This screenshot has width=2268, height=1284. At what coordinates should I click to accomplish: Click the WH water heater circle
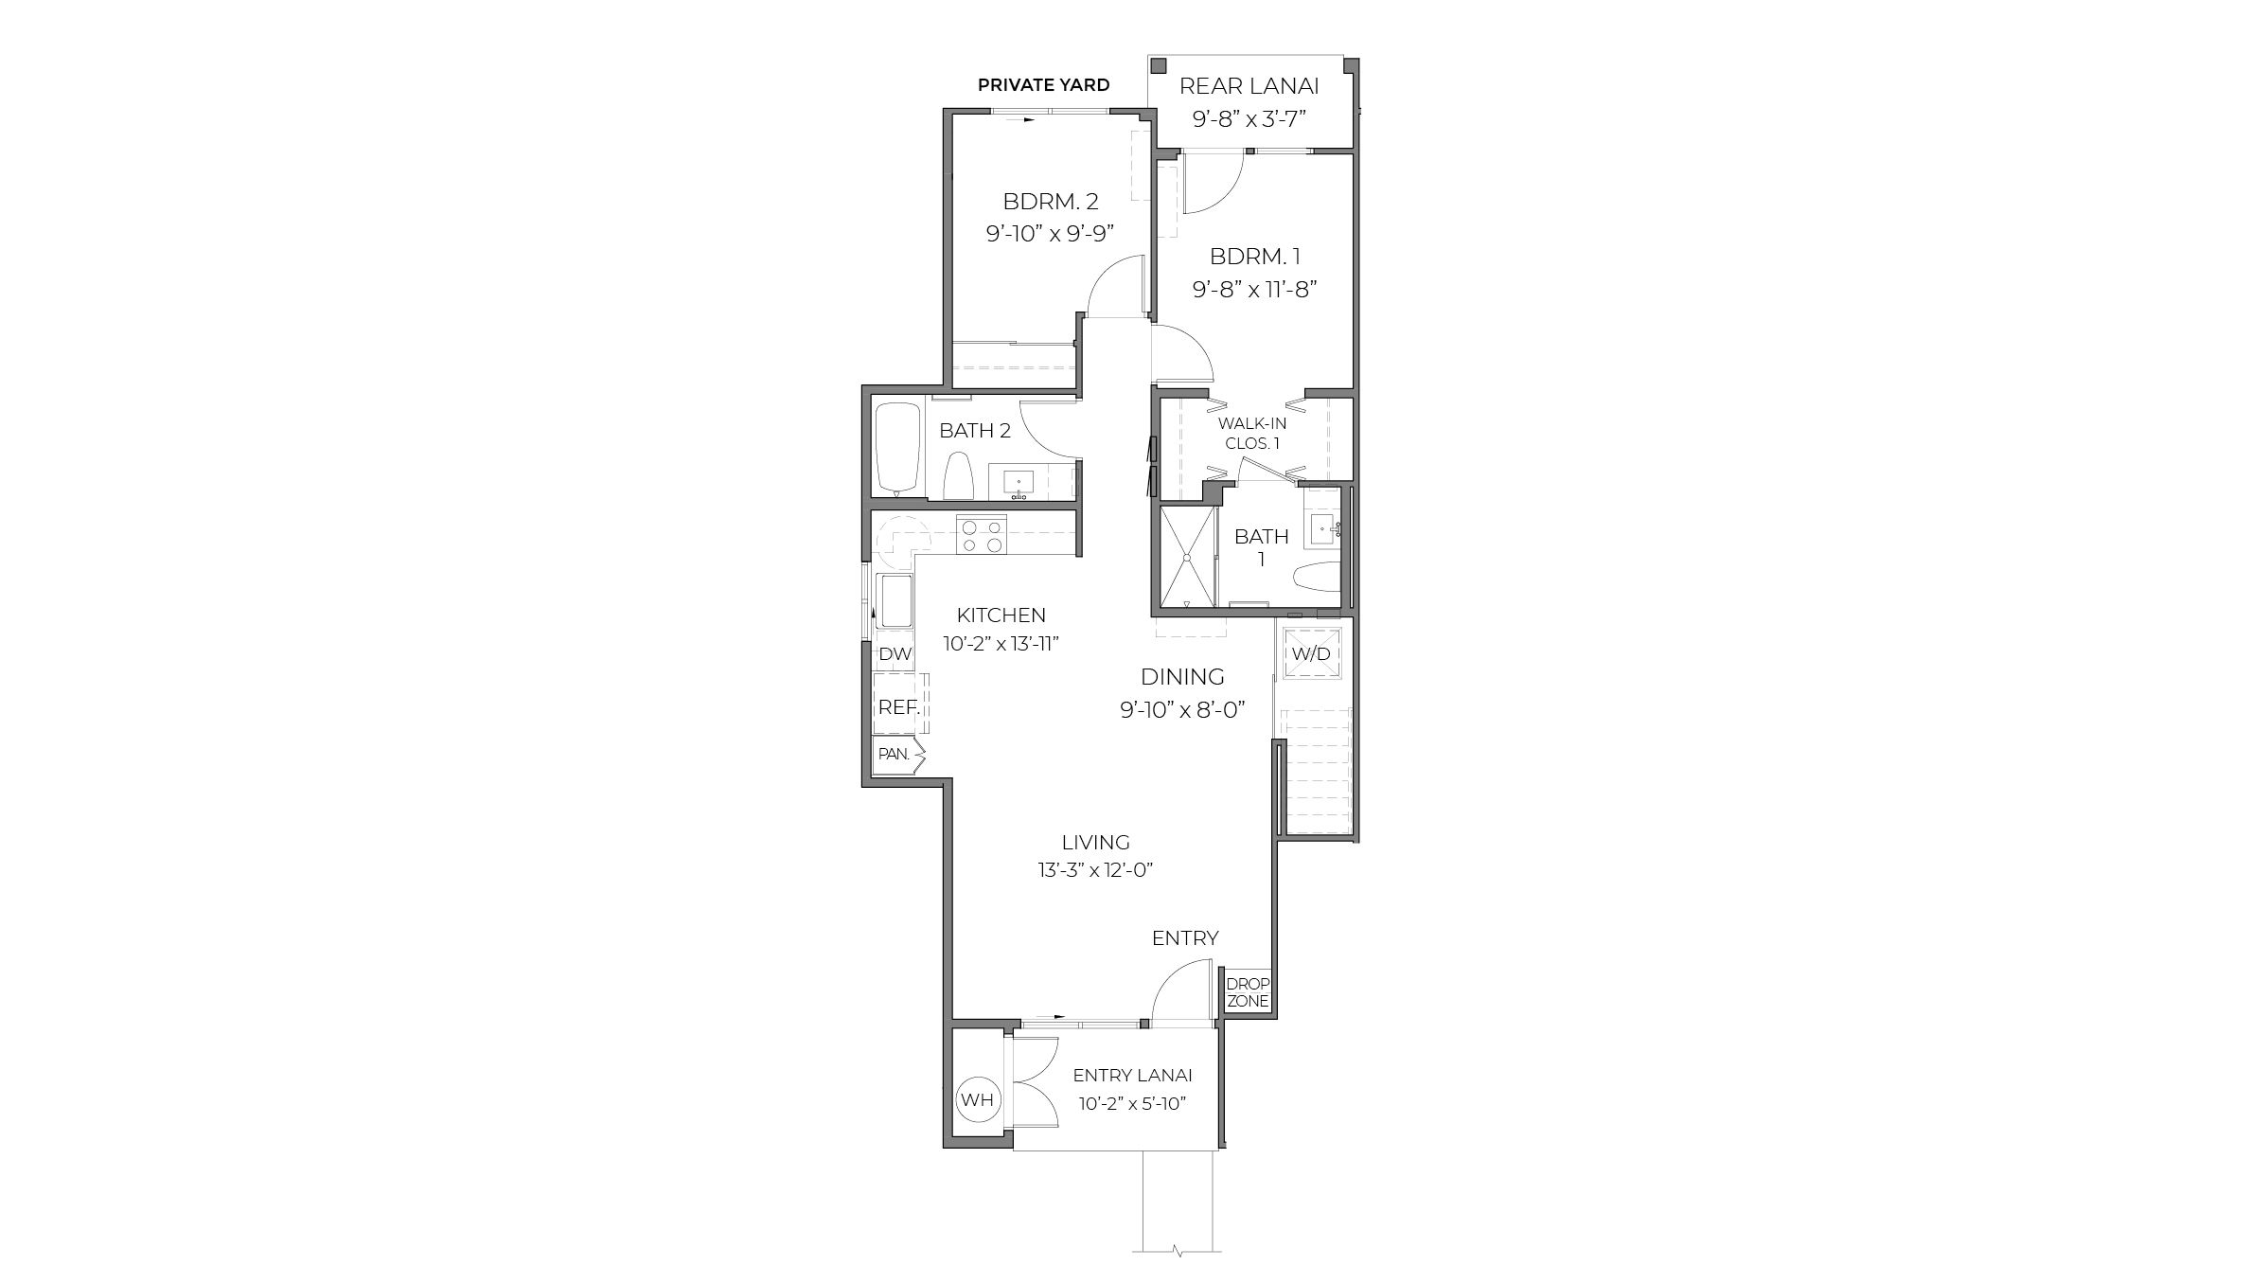coord(977,1099)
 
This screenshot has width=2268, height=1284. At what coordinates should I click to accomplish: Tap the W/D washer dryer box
coord(1311,654)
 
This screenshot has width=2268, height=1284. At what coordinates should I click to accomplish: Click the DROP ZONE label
coord(1248,992)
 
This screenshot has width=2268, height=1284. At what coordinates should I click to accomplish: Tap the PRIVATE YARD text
coord(1043,85)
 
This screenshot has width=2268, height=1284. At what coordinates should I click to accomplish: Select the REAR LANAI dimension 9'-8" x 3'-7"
coord(1249,120)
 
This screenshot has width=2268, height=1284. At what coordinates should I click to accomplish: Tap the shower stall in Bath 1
coord(1187,557)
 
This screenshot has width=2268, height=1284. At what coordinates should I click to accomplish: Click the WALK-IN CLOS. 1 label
coord(1251,433)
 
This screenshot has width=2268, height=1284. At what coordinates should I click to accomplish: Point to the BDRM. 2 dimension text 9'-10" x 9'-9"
coord(1050,233)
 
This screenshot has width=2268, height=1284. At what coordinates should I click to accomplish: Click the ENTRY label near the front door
coord(1184,937)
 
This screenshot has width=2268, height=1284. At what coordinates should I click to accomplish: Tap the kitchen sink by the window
coord(232,601)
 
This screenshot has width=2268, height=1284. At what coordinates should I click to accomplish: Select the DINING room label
coord(1182,677)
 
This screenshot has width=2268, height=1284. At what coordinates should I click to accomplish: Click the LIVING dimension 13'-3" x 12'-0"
coord(1095,870)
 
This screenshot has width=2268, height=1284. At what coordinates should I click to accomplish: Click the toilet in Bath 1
coord(1316,576)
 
